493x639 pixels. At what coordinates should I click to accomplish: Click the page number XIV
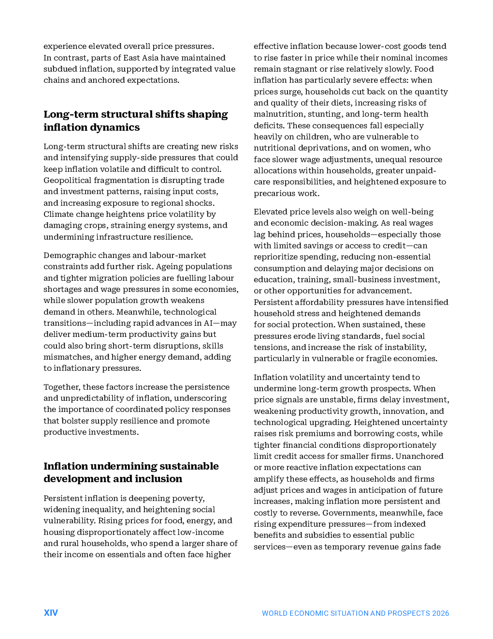tap(51, 613)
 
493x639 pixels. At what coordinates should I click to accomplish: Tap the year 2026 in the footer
tap(440, 613)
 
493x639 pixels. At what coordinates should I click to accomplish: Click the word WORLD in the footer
tap(274, 613)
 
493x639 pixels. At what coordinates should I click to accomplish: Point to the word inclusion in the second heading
tap(159, 479)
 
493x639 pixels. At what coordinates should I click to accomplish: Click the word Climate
tap(57, 214)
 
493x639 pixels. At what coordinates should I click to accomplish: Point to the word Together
tap(61, 387)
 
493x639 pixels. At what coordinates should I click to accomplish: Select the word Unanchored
tap(420, 456)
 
